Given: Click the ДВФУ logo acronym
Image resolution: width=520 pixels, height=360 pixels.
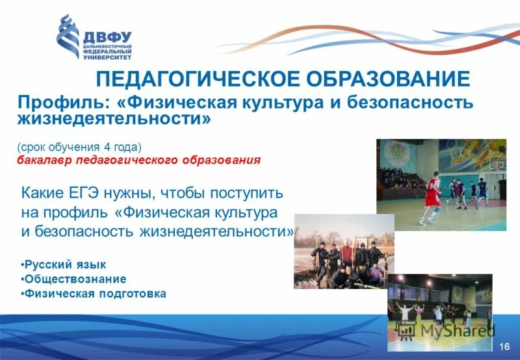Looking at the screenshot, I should [x=108, y=36].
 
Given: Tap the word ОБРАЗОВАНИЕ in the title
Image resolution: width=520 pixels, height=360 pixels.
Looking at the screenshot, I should [x=388, y=79].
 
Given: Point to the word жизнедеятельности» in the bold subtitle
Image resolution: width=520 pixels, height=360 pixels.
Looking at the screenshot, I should [x=114, y=120].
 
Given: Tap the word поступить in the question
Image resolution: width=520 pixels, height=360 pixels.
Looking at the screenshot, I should [x=246, y=193].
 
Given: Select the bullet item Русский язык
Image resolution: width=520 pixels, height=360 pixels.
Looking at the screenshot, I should [x=63, y=264].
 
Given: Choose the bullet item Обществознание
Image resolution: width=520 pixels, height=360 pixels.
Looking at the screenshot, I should [x=73, y=279].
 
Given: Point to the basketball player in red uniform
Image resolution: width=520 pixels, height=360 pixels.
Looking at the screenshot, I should [x=431, y=193].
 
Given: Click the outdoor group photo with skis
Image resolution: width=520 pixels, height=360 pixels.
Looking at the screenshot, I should [x=344, y=251].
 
